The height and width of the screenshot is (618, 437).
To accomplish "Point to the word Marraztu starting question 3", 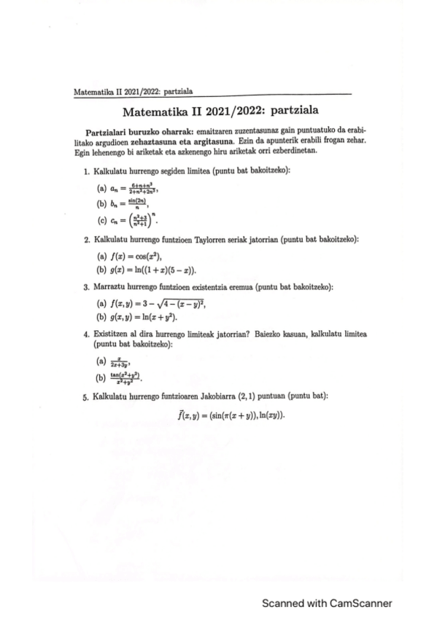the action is tap(110, 287).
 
